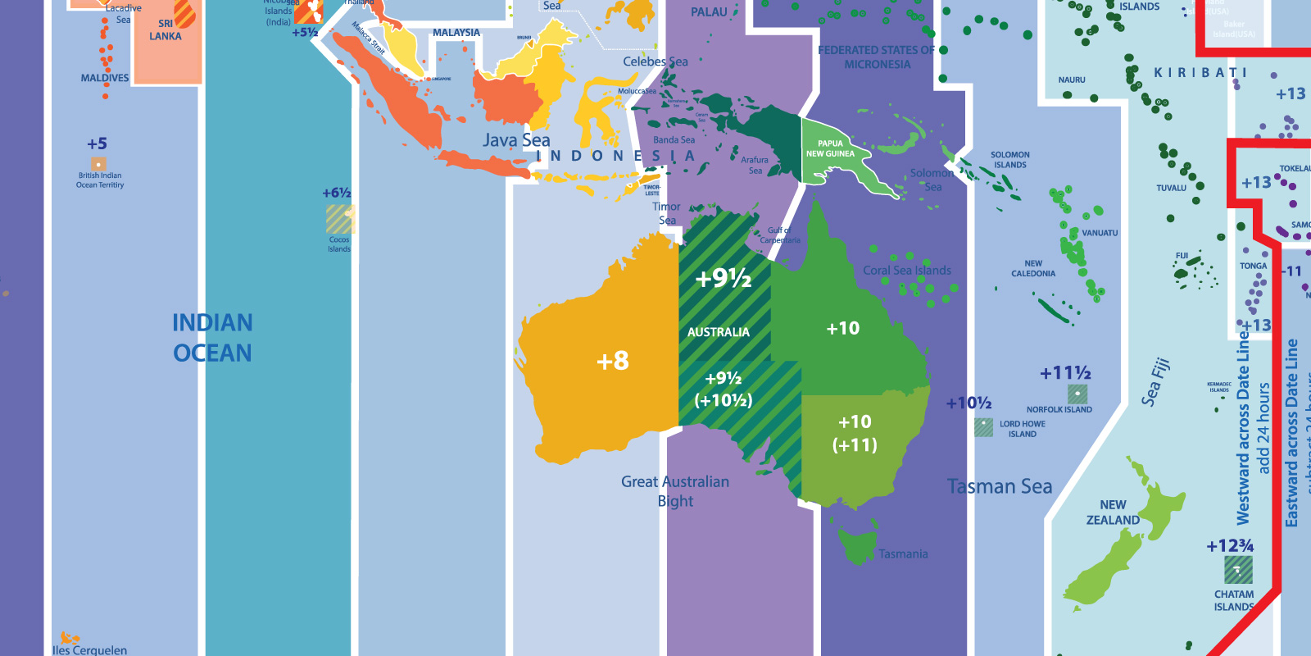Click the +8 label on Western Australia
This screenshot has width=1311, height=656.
[x=613, y=361]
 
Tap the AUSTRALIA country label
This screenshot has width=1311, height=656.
[x=718, y=332]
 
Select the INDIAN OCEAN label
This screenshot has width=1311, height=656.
[x=212, y=338]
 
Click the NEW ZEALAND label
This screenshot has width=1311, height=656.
[x=1113, y=512]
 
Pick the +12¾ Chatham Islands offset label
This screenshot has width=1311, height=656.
[x=1230, y=546]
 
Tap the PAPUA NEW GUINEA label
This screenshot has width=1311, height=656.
[x=830, y=148]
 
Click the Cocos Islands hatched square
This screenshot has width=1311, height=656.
[x=339, y=220]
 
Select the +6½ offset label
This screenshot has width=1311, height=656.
[x=336, y=194]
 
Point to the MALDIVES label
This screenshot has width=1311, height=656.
[x=105, y=78]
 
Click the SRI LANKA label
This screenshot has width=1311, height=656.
[x=166, y=30]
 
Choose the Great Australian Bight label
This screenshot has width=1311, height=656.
[x=675, y=491]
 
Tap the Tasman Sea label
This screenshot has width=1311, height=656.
[x=1000, y=486]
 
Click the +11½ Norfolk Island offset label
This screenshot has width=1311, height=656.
[x=1065, y=374]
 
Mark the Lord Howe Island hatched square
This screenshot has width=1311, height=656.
[x=983, y=426]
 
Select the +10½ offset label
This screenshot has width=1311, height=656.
[x=969, y=403]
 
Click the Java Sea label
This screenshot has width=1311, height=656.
[x=516, y=140]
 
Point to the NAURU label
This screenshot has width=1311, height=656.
[x=1072, y=80]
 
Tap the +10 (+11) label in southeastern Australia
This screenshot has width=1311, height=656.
[x=855, y=433]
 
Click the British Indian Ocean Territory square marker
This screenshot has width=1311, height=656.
[x=98, y=164]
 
